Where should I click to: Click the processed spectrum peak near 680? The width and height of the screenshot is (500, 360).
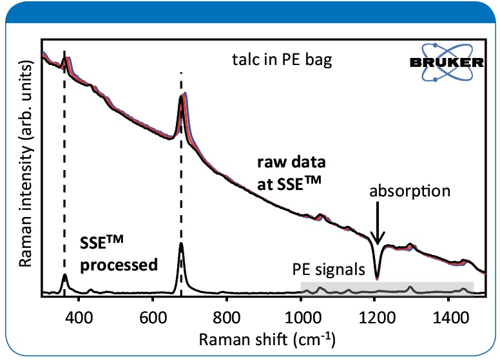[x=181, y=245]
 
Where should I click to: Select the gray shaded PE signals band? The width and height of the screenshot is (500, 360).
[x=387, y=288]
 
